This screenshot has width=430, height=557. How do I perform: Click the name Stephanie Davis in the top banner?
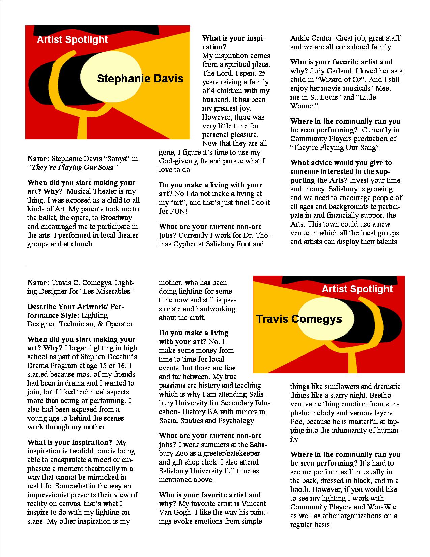tap(140, 79)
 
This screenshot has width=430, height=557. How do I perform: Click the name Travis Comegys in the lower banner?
tap(299, 319)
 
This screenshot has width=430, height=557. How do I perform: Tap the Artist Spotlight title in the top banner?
tap(72, 40)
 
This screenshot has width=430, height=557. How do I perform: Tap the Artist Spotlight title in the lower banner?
tap(357, 289)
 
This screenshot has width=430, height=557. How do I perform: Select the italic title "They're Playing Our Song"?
tap(73, 167)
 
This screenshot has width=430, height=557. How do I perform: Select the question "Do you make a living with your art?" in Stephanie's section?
tap(210, 189)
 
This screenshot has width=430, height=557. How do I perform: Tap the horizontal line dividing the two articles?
tap(215, 266)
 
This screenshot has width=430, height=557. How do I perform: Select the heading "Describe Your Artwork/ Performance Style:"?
tap(76, 311)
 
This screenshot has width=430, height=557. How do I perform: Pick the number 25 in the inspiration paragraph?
tap(262, 73)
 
